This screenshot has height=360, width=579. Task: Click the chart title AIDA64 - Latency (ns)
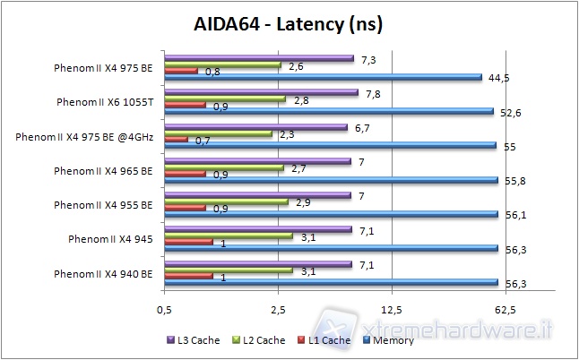[x=289, y=25]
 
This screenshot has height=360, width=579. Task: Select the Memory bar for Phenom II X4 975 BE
[x=323, y=78]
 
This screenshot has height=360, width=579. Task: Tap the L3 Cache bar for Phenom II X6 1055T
[x=260, y=92]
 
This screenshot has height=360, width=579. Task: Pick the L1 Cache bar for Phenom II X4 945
[x=187, y=241]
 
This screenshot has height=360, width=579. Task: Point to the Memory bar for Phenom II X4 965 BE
[x=331, y=180]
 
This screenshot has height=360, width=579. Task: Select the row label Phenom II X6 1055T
[x=104, y=102]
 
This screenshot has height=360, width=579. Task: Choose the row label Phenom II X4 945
[x=111, y=239]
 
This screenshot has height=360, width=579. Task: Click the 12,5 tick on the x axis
[x=391, y=310]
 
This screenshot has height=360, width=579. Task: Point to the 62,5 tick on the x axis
[x=505, y=310]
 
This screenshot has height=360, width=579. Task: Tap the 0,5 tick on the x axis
[x=164, y=310]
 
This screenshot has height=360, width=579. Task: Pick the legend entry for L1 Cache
[x=324, y=340]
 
